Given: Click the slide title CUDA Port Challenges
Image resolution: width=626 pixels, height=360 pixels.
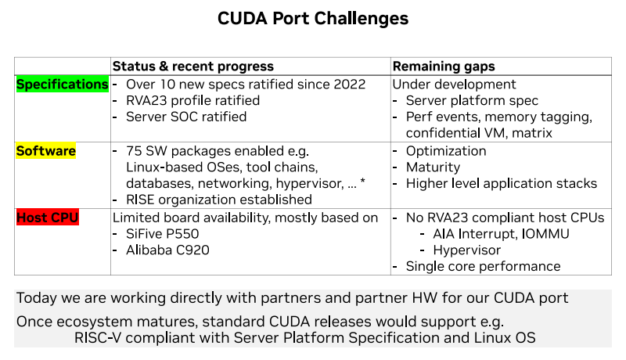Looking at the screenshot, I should pos(312,17).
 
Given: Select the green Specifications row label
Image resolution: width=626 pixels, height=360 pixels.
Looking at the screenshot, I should pos(63,85).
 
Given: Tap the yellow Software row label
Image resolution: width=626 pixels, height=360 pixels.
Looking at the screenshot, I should pos(46,151).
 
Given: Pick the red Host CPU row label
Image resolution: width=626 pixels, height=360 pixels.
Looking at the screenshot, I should pos(48,218).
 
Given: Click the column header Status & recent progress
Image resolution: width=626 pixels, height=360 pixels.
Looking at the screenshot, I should pos(192,67).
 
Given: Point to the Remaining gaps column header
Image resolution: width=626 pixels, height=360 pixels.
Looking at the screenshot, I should pos(443,67).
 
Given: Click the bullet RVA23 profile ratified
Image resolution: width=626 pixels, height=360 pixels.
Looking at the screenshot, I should pos(192,101).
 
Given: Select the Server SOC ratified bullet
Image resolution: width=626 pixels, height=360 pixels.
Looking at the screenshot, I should pos(186,117).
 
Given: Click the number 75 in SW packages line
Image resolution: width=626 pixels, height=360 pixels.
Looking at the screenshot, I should pos(134,151).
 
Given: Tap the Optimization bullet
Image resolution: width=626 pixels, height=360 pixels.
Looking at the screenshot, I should pos(446,151).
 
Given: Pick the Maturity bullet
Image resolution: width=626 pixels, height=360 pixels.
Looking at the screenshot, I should pos(433,167).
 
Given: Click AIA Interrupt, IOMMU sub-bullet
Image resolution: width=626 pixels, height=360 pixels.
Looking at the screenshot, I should pos(501,234).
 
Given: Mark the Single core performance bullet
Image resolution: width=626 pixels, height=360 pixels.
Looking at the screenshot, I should pos(483,267).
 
